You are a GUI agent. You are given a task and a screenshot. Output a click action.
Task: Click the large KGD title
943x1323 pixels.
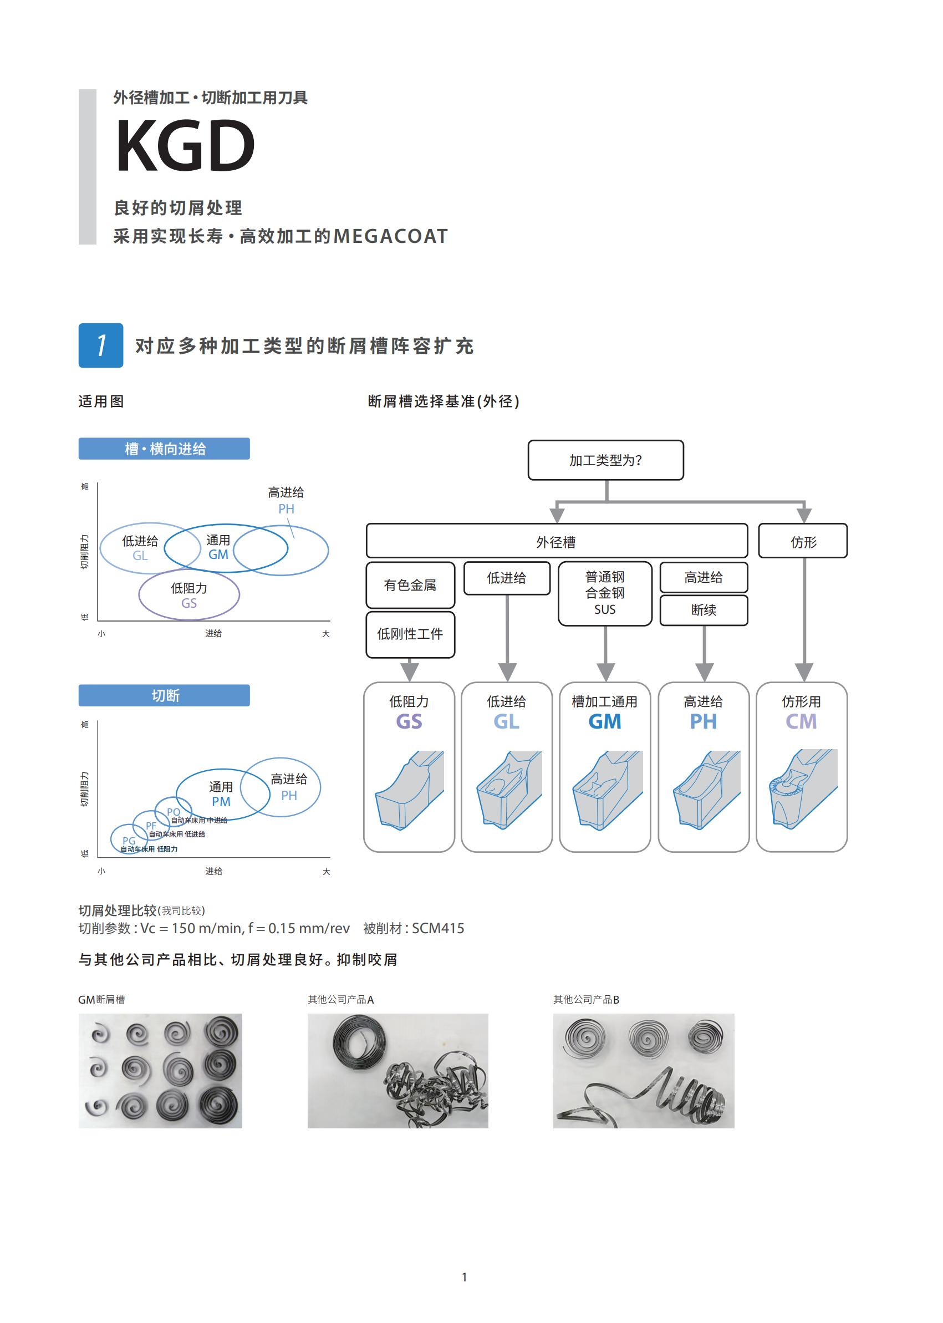(x=185, y=145)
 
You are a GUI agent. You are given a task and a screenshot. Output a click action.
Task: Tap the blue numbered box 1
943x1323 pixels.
(x=101, y=345)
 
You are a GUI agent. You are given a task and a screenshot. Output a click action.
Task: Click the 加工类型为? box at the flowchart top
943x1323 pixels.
(x=605, y=460)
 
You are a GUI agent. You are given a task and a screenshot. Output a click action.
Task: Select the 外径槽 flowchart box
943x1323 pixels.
(x=556, y=541)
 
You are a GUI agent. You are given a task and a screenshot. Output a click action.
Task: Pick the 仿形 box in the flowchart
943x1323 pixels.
(x=803, y=541)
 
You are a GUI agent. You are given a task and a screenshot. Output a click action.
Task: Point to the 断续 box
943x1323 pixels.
(x=704, y=610)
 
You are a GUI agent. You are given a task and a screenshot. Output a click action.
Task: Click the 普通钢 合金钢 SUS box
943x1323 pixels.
(x=605, y=593)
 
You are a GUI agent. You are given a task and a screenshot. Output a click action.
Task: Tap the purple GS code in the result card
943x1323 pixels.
(x=409, y=721)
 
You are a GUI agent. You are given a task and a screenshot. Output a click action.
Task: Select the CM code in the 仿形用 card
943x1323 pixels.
(x=801, y=721)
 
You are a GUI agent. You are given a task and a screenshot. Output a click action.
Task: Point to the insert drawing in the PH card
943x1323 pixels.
(x=707, y=789)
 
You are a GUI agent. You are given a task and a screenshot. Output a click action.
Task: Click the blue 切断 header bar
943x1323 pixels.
(x=164, y=695)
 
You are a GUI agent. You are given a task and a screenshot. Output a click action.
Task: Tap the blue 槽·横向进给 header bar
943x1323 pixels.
(x=164, y=449)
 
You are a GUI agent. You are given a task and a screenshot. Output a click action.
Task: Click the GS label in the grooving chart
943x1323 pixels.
(x=188, y=603)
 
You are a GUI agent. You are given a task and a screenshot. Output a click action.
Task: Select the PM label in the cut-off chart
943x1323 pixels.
(x=221, y=801)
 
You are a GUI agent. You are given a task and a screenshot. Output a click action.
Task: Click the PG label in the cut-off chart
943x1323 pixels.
(x=129, y=841)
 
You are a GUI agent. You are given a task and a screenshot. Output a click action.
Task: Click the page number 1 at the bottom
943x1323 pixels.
(x=464, y=1277)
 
